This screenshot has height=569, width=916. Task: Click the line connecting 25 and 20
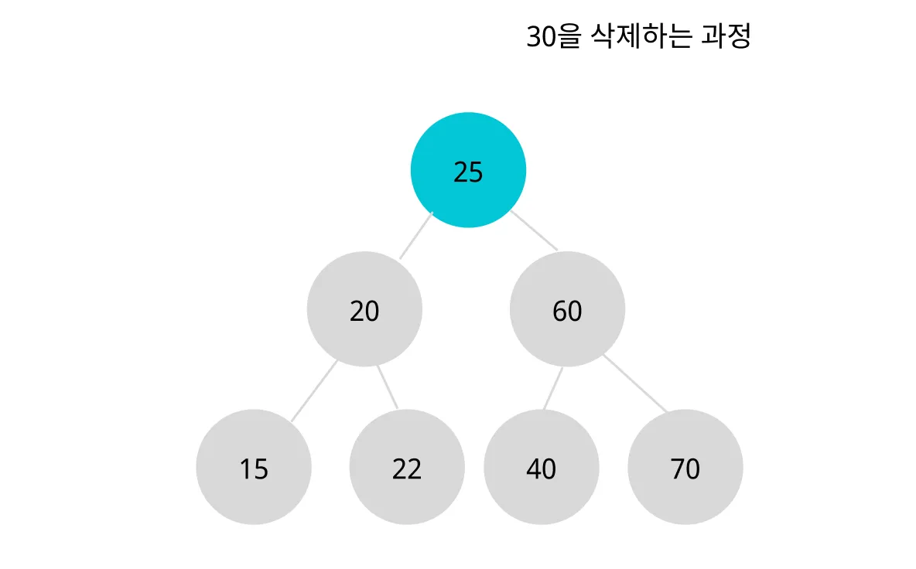pos(415,236)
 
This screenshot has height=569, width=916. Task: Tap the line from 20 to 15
pos(314,391)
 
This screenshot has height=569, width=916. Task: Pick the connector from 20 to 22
pos(388,387)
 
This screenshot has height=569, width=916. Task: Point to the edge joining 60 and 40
pos(552,389)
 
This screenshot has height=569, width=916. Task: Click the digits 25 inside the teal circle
pos(468,172)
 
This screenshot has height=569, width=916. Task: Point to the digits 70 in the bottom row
pos(685,469)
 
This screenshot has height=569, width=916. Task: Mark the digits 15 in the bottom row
pos(254,469)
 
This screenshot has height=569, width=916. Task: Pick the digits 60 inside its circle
pos(567,312)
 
